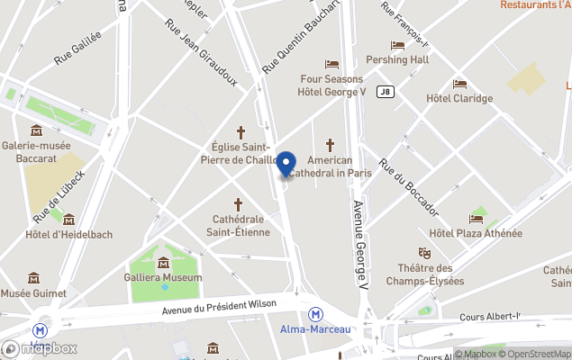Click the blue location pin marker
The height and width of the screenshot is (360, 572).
point(286,165)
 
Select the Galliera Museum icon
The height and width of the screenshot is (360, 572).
point(164,263)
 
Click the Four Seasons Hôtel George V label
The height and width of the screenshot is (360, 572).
point(331,85)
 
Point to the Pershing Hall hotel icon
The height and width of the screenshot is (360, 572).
point(397,45)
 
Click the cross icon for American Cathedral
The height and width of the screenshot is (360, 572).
point(330,144)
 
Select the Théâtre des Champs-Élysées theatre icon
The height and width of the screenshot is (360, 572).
point(424,254)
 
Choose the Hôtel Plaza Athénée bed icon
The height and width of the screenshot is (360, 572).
point(476,219)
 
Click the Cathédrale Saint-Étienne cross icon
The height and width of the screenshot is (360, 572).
point(239,204)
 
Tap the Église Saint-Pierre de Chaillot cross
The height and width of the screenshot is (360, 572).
point(241,131)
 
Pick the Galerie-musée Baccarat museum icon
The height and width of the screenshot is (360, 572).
point(35,130)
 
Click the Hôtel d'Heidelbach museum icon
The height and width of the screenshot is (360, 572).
point(68,220)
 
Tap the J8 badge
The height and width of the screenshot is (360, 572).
point(386,91)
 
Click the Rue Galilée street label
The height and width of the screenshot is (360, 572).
point(77,48)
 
